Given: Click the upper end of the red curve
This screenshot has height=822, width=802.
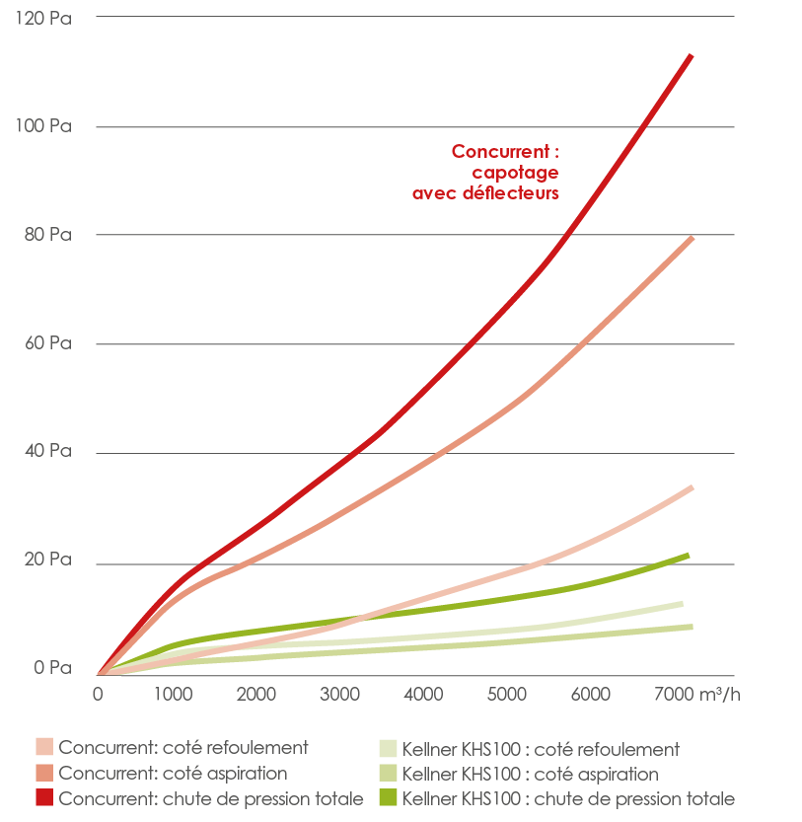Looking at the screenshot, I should click(x=691, y=56).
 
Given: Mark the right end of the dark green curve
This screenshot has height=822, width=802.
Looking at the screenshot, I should click(x=688, y=556).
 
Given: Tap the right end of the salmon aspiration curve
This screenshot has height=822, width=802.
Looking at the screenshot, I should click(x=692, y=238).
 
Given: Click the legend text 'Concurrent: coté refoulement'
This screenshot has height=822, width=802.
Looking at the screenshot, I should click(x=183, y=747).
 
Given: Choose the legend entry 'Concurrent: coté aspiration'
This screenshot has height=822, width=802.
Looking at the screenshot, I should click(x=174, y=773).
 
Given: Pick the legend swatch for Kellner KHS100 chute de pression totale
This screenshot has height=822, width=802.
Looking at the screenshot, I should click(x=389, y=796).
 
